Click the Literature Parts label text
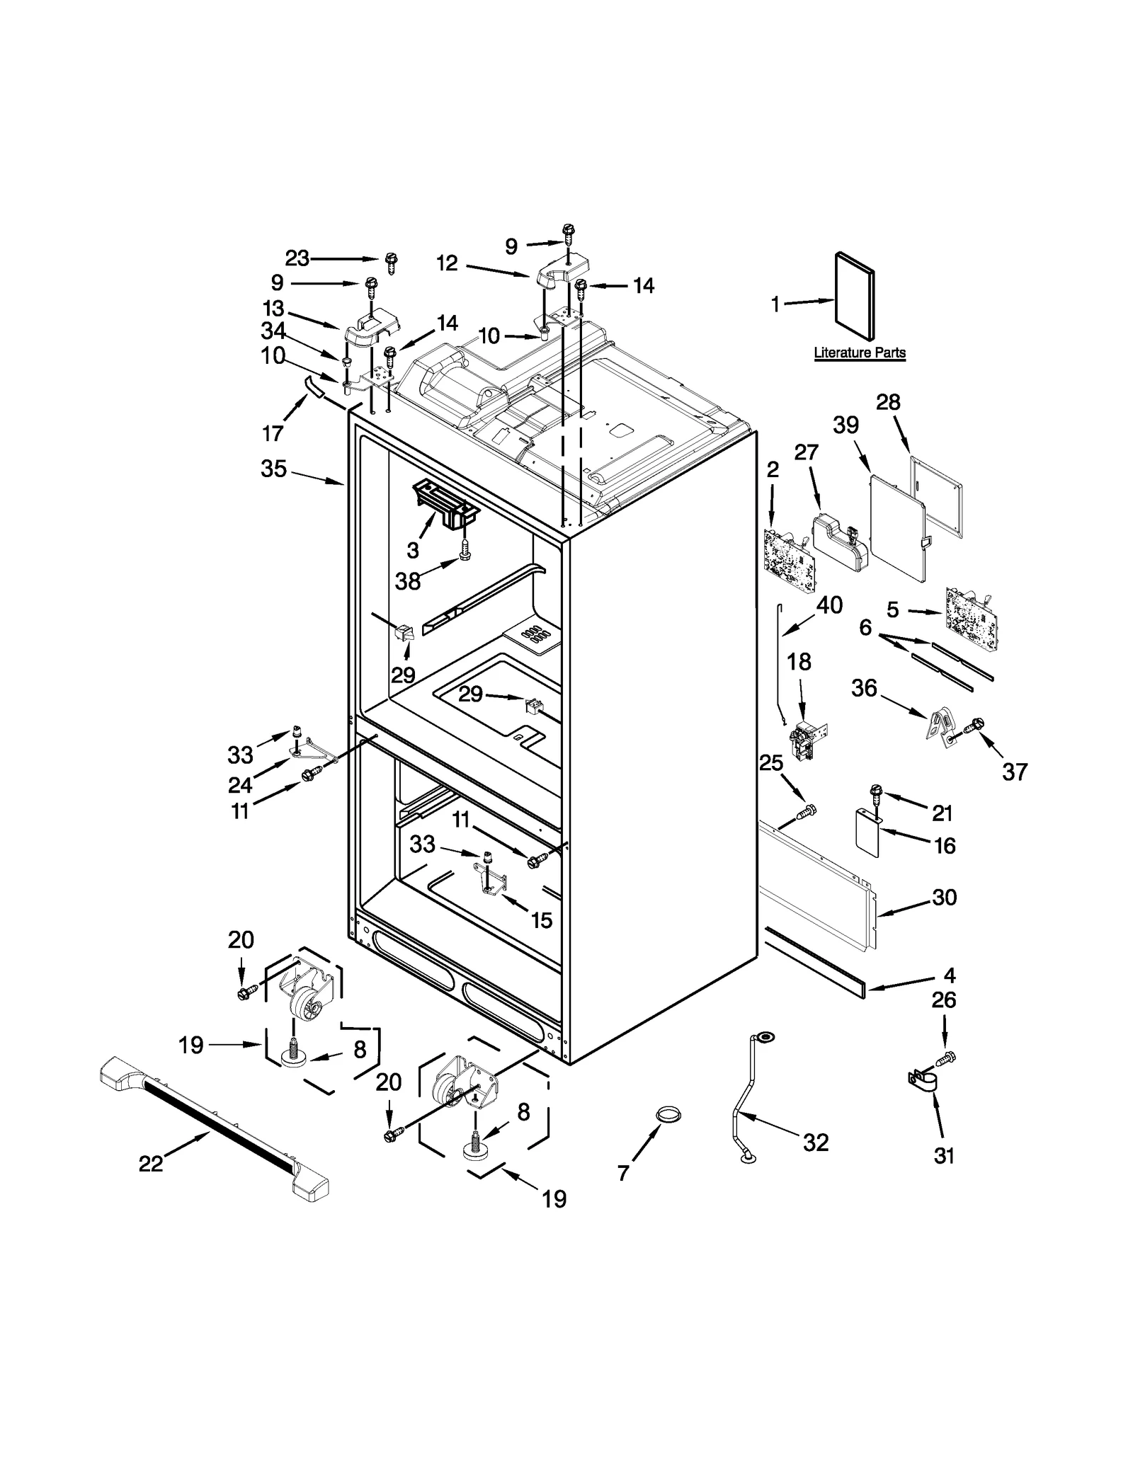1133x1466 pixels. (859, 353)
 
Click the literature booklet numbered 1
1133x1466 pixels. (855, 297)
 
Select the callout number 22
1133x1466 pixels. (151, 1163)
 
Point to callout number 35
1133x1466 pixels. (273, 469)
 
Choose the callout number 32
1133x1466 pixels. (815, 1142)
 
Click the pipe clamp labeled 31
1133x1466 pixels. (923, 1081)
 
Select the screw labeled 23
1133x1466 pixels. (392, 262)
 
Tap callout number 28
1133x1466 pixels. (888, 402)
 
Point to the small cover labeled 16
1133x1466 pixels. (867, 832)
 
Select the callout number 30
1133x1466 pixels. (944, 897)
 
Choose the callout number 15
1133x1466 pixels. (541, 920)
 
